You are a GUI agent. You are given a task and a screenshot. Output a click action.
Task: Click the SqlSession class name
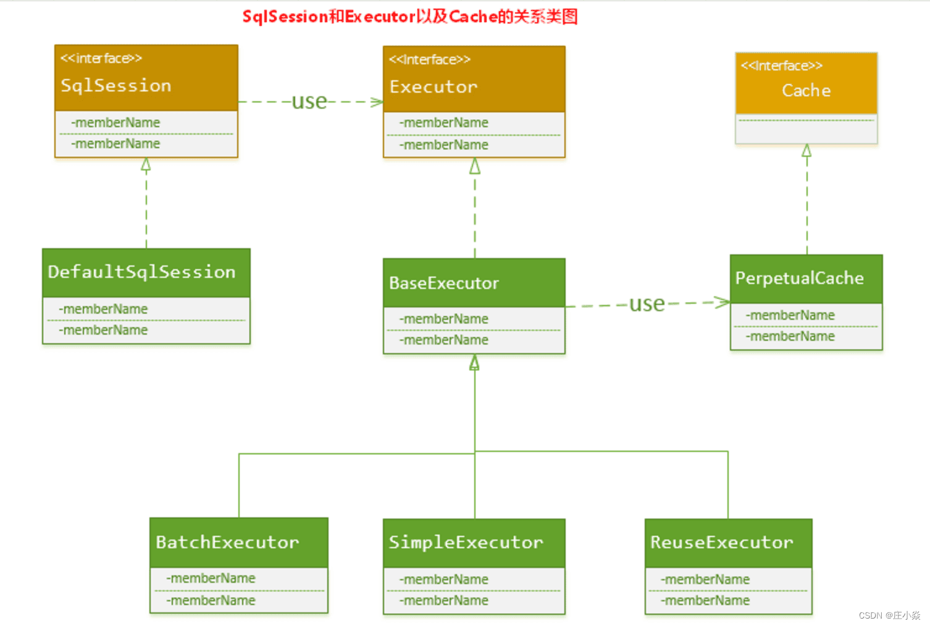point(116,85)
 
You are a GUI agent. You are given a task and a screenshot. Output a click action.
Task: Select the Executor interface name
point(434,87)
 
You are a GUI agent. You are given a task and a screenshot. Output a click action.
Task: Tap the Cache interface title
point(806,91)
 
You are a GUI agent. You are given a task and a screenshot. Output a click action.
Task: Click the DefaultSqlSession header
point(142,272)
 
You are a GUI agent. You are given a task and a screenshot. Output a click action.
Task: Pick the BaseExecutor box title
point(444,283)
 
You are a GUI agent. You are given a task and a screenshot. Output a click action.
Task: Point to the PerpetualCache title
point(799,278)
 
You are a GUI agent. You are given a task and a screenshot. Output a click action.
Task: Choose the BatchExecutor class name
point(227,543)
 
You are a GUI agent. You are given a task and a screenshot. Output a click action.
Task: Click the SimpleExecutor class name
point(466,543)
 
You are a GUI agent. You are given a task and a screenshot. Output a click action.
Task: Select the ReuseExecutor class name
point(721,543)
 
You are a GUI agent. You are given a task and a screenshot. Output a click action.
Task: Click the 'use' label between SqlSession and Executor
point(309,101)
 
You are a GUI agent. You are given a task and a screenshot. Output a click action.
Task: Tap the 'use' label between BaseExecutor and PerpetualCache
point(647,304)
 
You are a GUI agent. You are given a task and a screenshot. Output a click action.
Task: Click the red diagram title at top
point(410,17)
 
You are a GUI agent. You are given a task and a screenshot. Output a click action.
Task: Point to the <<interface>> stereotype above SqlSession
point(101,59)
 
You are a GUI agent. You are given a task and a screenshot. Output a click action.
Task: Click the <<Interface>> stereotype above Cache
point(782,66)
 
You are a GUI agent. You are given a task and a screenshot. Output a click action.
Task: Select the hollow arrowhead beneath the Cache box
point(806,151)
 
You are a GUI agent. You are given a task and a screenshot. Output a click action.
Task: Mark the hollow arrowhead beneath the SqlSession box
point(146,164)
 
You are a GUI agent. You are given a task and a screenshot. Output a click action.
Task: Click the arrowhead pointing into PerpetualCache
point(723,302)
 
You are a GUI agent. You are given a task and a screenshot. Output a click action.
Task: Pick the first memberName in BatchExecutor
point(211,578)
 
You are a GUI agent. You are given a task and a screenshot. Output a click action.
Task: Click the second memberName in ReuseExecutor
point(706,601)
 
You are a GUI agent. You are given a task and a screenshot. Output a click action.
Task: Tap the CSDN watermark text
point(889,616)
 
